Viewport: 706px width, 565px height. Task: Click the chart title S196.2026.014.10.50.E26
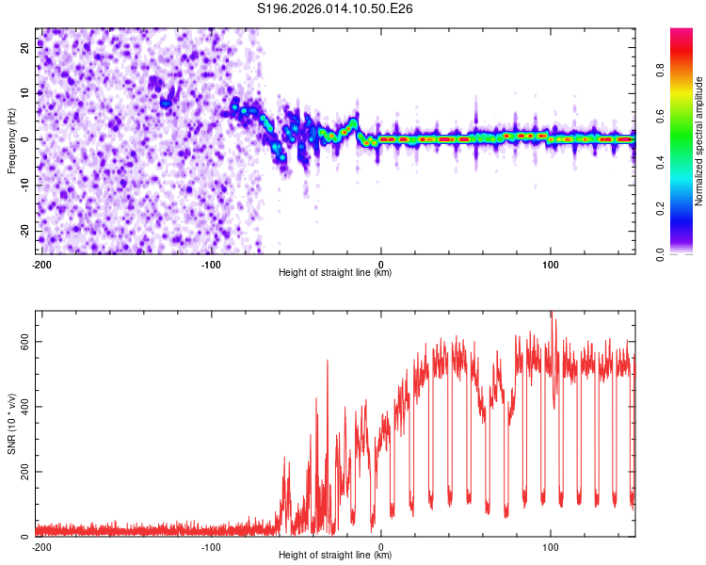pos(335,8)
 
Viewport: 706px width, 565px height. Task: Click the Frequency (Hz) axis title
pos(11,140)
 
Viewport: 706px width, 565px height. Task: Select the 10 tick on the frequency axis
pos(26,93)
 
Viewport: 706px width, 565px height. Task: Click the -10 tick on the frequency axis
pos(24,185)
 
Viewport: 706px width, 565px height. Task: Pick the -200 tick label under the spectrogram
pos(40,263)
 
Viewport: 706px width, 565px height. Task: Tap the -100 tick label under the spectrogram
pos(210,263)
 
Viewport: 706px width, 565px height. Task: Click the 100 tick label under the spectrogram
pos(551,263)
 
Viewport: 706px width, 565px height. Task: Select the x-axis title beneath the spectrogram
pos(335,272)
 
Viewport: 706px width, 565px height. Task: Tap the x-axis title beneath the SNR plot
pos(335,555)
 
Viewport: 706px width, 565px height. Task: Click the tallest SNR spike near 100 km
pos(553,315)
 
